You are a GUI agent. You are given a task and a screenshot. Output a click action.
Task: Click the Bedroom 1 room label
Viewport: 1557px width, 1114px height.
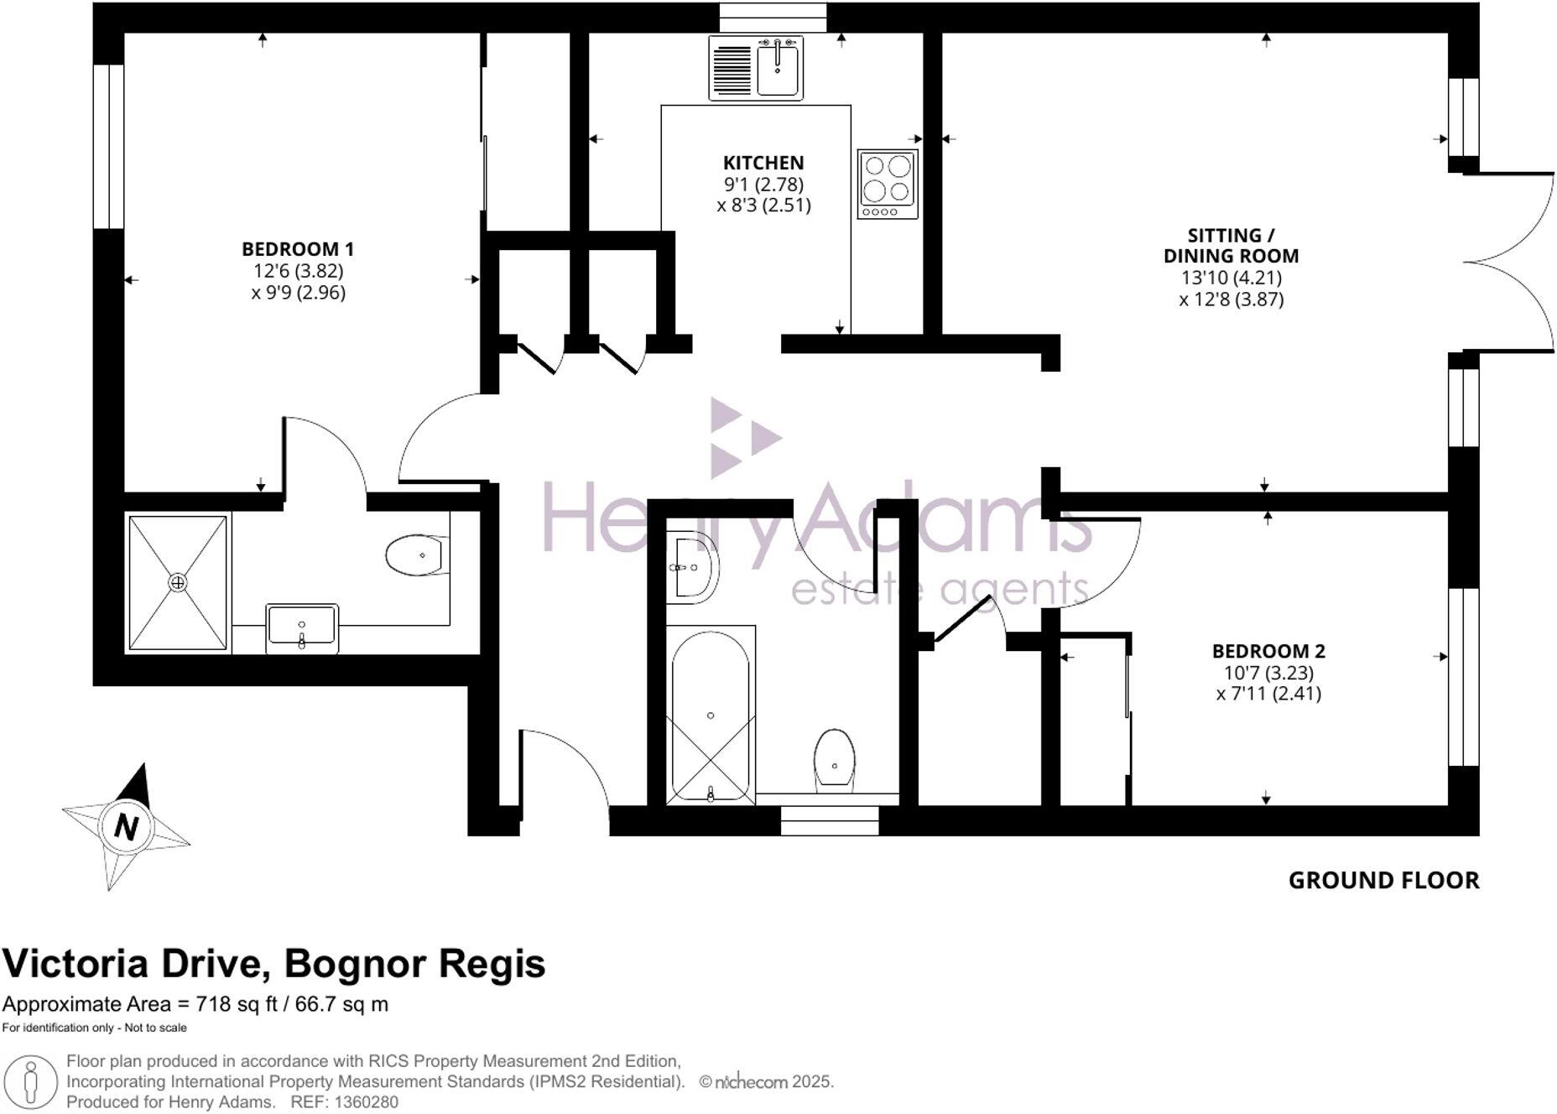[298, 249]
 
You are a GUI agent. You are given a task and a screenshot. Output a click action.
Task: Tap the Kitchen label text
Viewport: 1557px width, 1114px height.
[763, 163]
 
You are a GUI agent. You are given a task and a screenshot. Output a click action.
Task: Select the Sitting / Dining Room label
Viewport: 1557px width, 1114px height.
[1231, 246]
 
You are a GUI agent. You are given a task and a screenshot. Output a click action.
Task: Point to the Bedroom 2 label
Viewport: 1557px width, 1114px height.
[1268, 651]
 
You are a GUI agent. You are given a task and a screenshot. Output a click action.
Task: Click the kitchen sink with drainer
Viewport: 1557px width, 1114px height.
[755, 68]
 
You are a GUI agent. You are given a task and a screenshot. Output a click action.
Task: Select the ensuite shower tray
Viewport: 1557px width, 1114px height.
[178, 582]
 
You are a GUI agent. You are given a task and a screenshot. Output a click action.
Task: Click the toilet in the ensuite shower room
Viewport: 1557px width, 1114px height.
[417, 555]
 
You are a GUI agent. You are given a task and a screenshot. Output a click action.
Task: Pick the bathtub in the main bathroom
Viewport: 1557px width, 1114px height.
[711, 717]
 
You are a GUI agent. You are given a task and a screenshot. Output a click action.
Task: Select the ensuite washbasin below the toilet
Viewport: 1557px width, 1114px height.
[302, 627]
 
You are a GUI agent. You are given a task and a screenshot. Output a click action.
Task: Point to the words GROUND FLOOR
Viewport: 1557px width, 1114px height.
[1383, 881]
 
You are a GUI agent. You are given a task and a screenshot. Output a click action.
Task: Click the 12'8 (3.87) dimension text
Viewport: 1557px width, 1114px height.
[1231, 299]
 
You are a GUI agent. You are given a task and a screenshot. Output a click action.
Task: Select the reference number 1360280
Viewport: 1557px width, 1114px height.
[366, 1102]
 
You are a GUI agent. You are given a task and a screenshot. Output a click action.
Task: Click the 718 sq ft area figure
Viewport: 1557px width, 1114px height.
[237, 1004]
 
